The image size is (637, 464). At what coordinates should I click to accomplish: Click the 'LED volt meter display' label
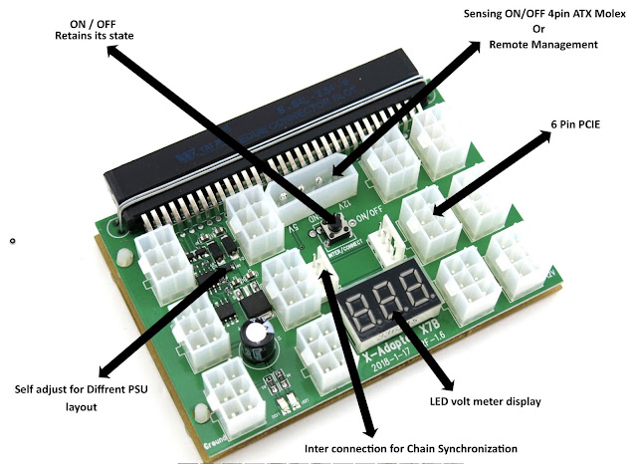pyautogui.click(x=478, y=401)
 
